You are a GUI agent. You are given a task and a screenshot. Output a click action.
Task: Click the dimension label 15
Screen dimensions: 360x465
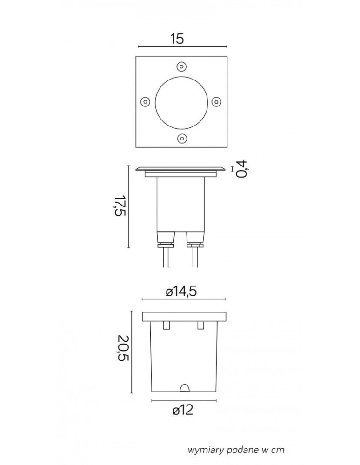177,39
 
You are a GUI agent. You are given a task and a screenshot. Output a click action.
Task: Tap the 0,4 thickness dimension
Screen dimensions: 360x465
242,169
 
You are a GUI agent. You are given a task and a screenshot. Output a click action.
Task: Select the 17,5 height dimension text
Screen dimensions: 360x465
121,206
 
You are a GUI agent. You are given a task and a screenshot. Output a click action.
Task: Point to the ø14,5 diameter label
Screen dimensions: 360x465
181,292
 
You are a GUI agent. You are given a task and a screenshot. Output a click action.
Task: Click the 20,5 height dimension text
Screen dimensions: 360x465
123,348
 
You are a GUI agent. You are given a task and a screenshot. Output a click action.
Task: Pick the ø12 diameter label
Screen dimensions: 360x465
183,410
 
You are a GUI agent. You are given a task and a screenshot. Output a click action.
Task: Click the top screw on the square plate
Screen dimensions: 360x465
181,66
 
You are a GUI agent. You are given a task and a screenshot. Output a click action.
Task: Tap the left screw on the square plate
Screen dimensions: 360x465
144,101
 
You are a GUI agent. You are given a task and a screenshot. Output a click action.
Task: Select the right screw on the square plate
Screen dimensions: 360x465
216,102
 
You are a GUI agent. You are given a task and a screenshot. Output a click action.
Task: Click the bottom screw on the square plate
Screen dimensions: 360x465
181,138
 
